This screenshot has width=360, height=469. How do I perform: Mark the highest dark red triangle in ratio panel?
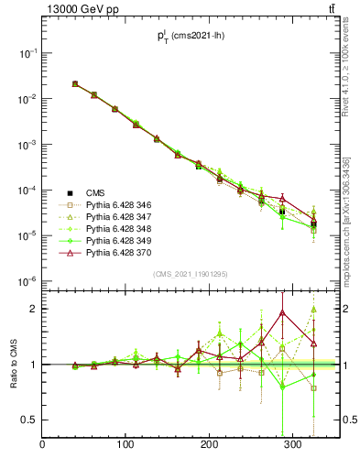pyautogui.click(x=282, y=312)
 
